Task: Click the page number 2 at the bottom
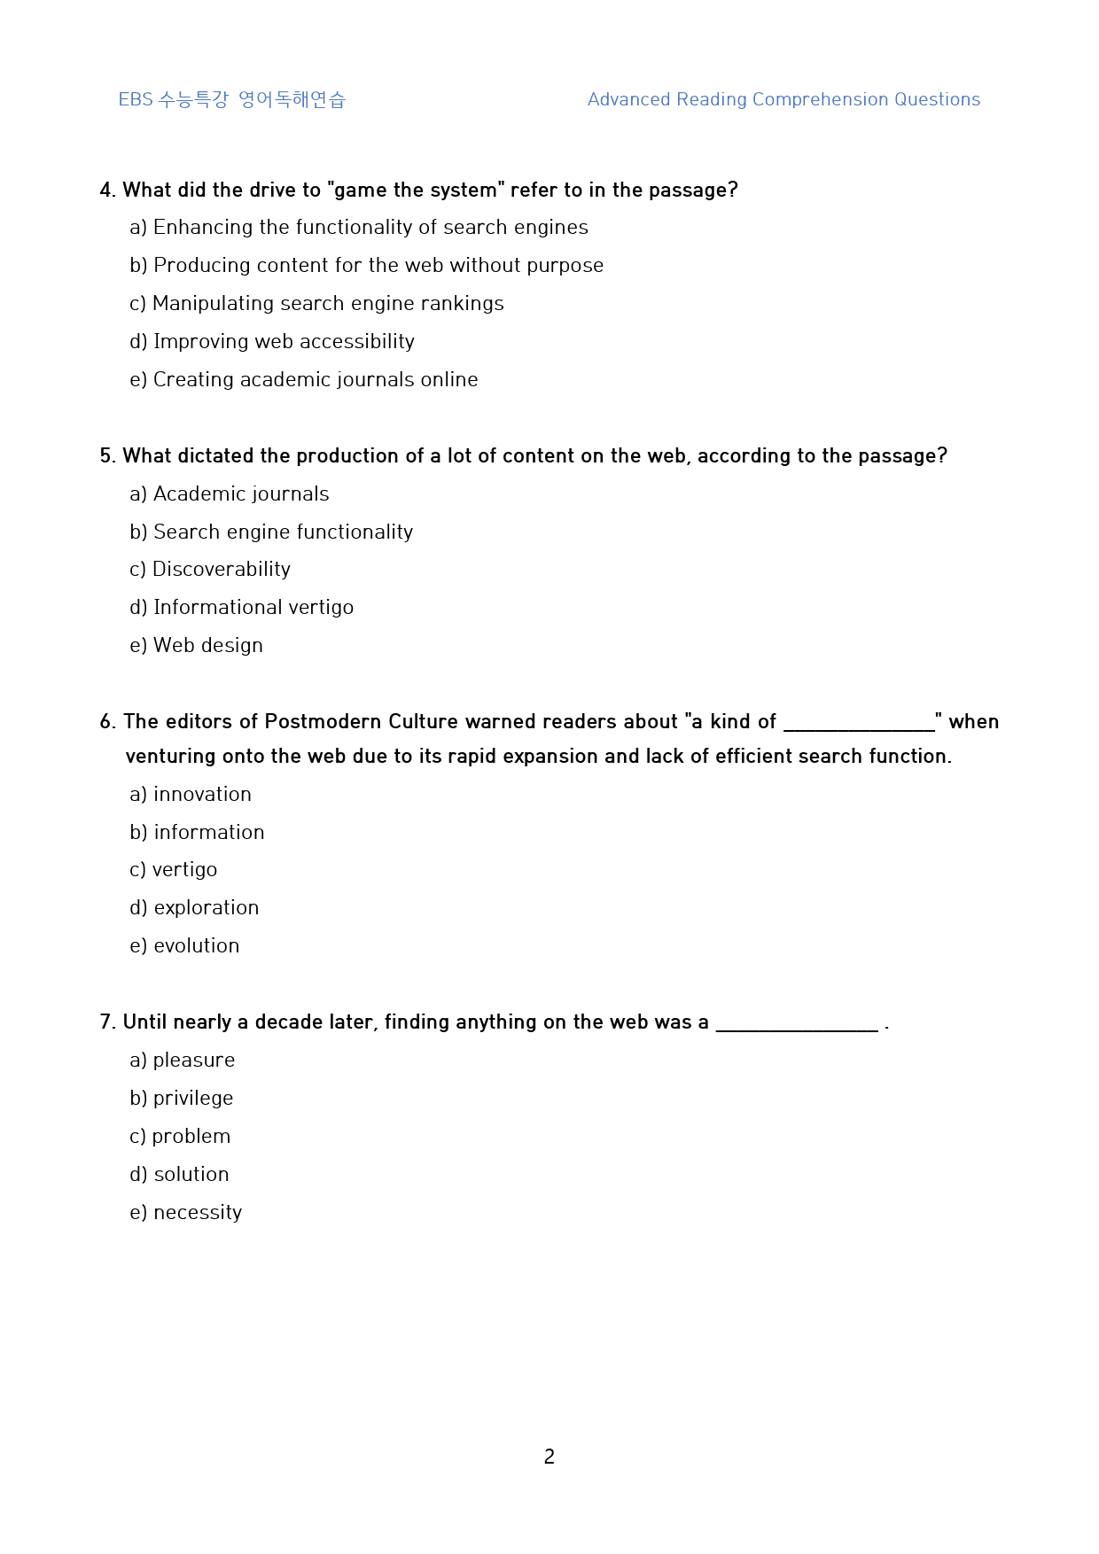pyautogui.click(x=549, y=1456)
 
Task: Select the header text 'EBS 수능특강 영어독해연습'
pyautogui.click(x=231, y=99)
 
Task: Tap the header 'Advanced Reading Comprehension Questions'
pyautogui.click(x=783, y=99)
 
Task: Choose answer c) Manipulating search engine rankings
pyautogui.click(x=316, y=303)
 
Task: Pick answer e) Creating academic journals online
pyautogui.click(x=303, y=379)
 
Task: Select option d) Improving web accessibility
pyautogui.click(x=272, y=341)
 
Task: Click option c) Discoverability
pyautogui.click(x=210, y=569)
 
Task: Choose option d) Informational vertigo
pyautogui.click(x=241, y=607)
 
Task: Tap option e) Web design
pyautogui.click(x=196, y=645)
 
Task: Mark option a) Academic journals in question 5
pyautogui.click(x=229, y=493)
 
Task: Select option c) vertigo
pyautogui.click(x=173, y=869)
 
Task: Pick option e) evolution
pyautogui.click(x=184, y=945)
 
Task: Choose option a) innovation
pyautogui.click(x=191, y=794)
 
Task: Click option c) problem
pyautogui.click(x=180, y=1136)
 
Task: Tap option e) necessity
pyautogui.click(x=185, y=1212)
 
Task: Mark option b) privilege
pyautogui.click(x=181, y=1098)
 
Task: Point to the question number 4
pyautogui.click(x=107, y=190)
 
